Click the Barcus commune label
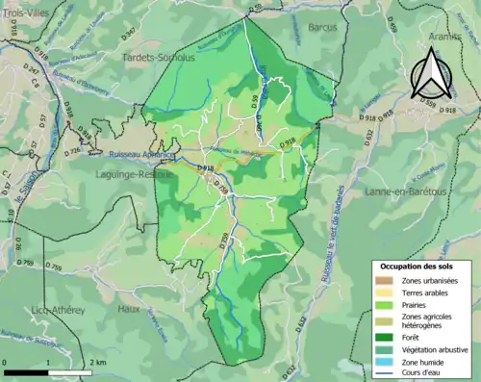322,28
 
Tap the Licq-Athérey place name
58,311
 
